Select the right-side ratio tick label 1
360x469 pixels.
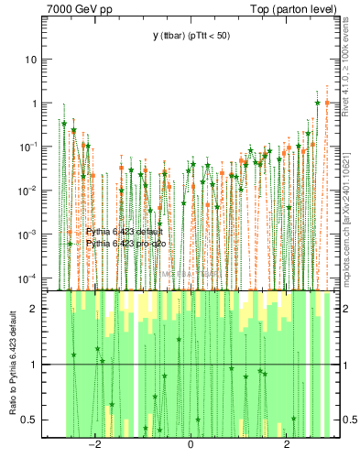pos(344,365)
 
